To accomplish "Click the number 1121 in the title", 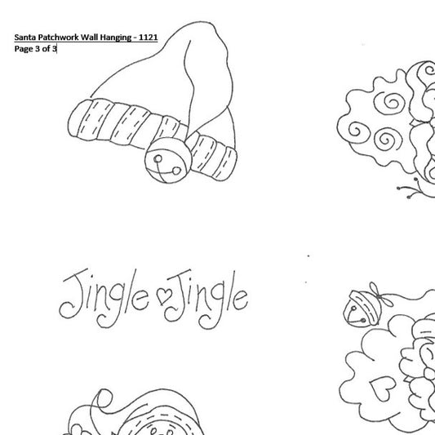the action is coord(149,38).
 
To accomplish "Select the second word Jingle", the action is coord(206,299).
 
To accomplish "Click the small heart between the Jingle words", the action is coord(164,295).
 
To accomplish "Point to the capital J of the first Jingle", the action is coord(73,294).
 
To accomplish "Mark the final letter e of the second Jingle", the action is coord(240,300).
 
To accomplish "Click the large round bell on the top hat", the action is coord(168,160).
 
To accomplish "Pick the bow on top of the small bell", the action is coord(381,295).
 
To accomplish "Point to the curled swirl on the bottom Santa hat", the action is coord(103,399).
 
